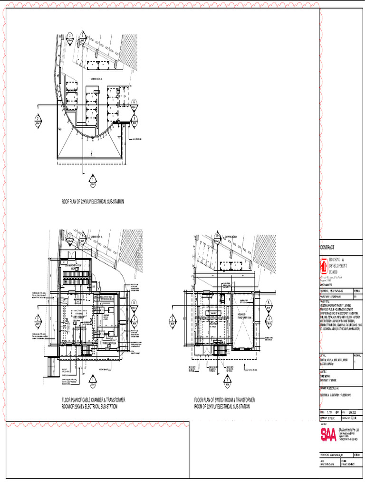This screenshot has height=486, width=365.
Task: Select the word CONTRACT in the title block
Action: (x=327, y=247)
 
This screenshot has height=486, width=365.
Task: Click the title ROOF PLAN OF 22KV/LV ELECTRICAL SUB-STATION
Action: (x=93, y=202)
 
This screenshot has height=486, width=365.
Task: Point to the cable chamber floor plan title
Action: (x=94, y=403)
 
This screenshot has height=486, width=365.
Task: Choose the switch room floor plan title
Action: (x=225, y=403)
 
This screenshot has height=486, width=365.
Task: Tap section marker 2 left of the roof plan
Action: (x=38, y=119)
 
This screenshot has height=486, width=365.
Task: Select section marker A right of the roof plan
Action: (x=135, y=103)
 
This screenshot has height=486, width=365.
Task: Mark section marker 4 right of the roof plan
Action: (x=135, y=119)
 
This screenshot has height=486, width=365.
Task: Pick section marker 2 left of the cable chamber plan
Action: (x=38, y=320)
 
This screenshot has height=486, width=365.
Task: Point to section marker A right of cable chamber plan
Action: (x=135, y=304)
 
